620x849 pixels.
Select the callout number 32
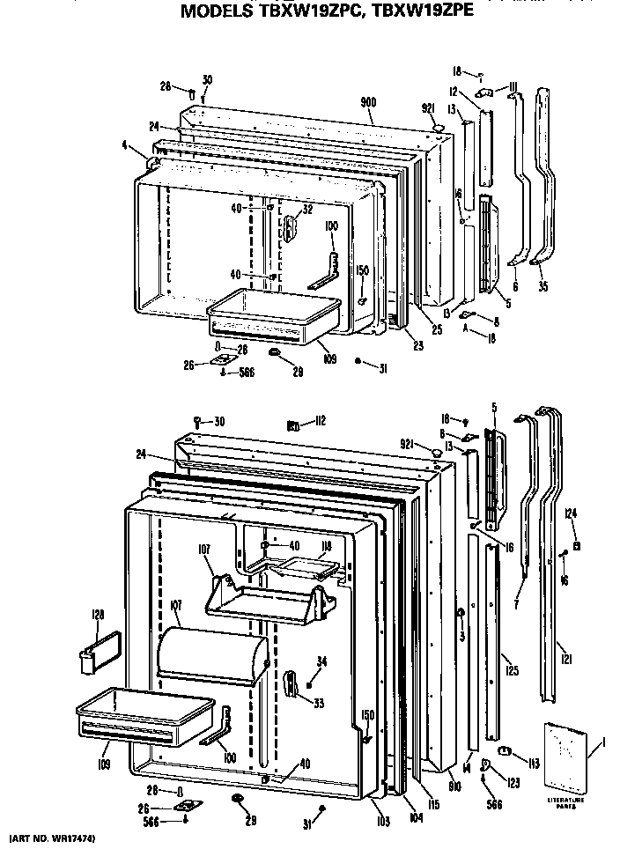(x=307, y=210)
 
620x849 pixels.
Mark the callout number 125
(x=513, y=672)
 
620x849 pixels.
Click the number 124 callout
(x=571, y=513)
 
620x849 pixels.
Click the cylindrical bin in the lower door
(x=211, y=652)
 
